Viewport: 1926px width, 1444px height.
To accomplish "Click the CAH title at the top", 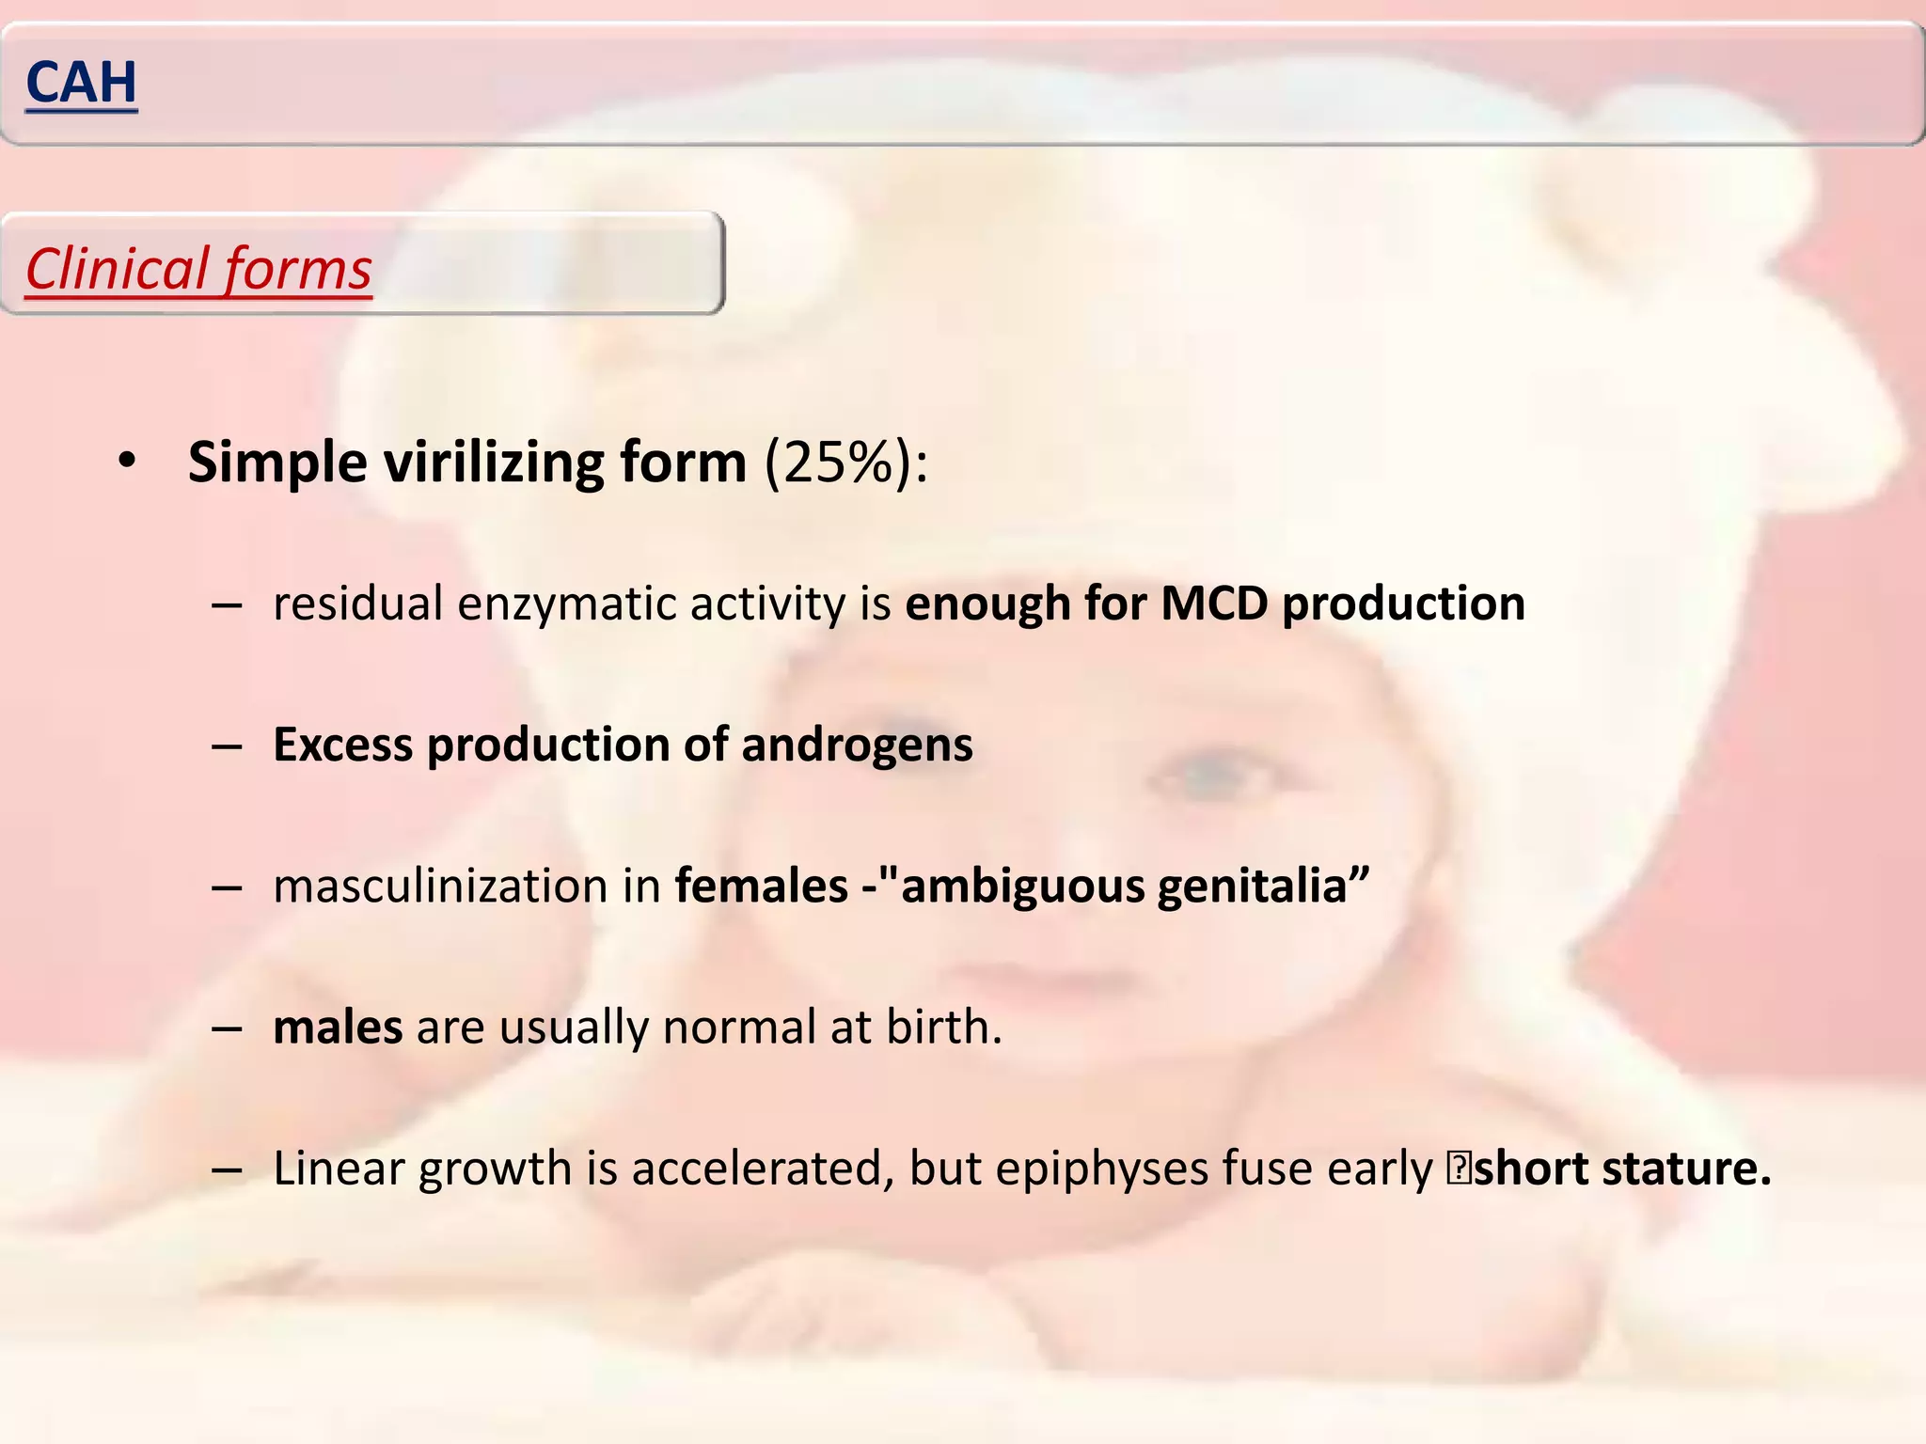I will tap(82, 83).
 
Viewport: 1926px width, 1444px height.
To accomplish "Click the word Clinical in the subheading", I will tap(117, 270).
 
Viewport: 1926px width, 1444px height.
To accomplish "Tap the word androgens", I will tap(857, 746).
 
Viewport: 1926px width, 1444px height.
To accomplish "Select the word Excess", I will tap(342, 746).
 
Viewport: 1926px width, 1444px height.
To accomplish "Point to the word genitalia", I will tap(1263, 887).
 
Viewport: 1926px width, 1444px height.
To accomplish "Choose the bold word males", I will tap(338, 1028).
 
